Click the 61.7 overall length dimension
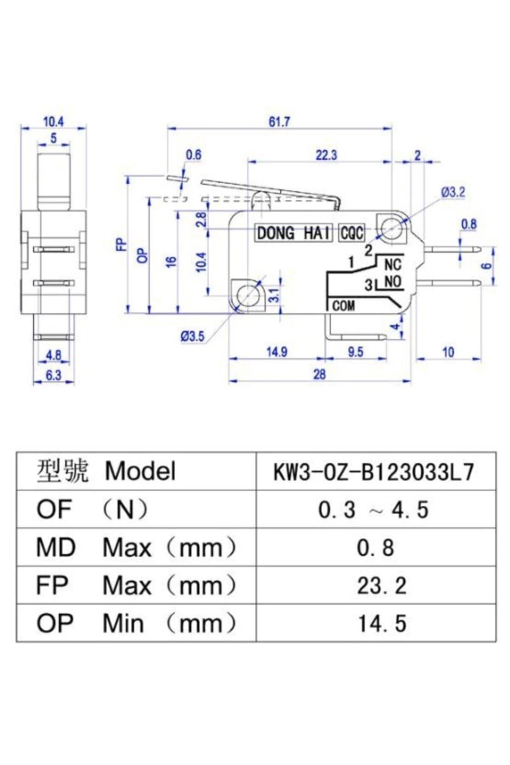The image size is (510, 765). (279, 122)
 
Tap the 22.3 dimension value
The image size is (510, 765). (326, 156)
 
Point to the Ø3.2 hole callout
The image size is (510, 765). (453, 192)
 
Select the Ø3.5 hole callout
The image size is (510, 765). (192, 337)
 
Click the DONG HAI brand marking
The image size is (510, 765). (293, 233)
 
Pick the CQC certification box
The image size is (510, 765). (352, 233)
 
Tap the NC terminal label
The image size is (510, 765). (393, 265)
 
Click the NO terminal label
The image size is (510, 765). (393, 282)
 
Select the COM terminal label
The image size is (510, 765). (343, 306)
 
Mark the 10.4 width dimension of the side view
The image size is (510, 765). (54, 122)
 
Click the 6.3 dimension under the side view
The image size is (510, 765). (54, 375)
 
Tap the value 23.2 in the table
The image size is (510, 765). (381, 586)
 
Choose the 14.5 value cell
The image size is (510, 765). (381, 623)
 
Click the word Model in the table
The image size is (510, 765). (140, 471)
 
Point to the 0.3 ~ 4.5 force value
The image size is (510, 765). (373, 510)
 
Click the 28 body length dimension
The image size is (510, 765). (320, 374)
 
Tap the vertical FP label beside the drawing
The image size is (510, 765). (122, 245)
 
